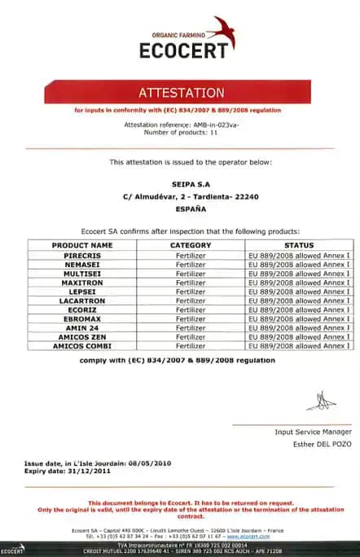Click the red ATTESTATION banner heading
pyautogui.click(x=180, y=92)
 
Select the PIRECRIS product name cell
pyautogui.click(x=81, y=256)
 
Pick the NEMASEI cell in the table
pyautogui.click(x=81, y=265)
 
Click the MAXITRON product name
pyautogui.click(x=81, y=283)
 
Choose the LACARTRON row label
pyautogui.click(x=81, y=300)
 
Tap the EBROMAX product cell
pyautogui.click(x=81, y=319)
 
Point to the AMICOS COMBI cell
pyautogui.click(x=81, y=346)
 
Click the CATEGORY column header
pyautogui.click(x=190, y=245)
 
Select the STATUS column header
pyautogui.click(x=299, y=245)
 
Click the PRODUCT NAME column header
pyautogui.click(x=81, y=245)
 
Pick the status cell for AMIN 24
pyautogui.click(x=299, y=328)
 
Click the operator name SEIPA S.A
pyautogui.click(x=179, y=183)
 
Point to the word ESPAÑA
pyautogui.click(x=179, y=209)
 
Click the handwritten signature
pyautogui.click(x=321, y=400)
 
